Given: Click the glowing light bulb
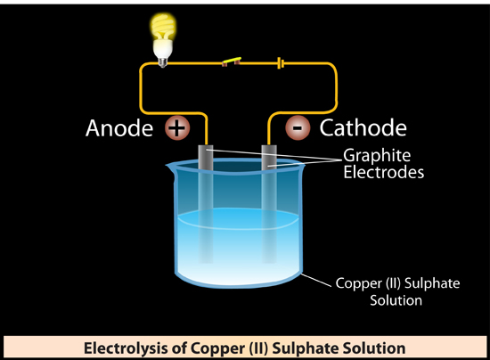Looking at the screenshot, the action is coord(162,39).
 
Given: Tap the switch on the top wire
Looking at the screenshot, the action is coord(232,61).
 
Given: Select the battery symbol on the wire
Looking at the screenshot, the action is coord(281,63).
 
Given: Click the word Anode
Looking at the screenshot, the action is coord(119,128).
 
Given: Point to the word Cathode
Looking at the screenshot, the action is coord(363,127).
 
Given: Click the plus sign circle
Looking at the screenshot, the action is coord(177,127).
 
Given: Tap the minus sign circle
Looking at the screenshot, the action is coord(298,127).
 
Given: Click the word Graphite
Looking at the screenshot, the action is coord(377,155).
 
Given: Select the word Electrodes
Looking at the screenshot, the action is coord(384,172).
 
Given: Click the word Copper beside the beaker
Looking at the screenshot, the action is coord(359,284).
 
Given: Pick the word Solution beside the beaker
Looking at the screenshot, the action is coord(396,300).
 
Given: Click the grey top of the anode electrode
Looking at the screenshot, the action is coord(206,158).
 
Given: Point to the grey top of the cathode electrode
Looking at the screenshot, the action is coord(269,157).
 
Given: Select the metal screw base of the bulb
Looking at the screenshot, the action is coord(162,62).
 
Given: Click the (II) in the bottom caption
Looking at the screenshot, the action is coord(258,348).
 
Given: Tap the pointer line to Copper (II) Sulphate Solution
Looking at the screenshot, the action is coord(315,280).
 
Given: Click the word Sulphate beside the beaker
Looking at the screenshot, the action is coord(432,284).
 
